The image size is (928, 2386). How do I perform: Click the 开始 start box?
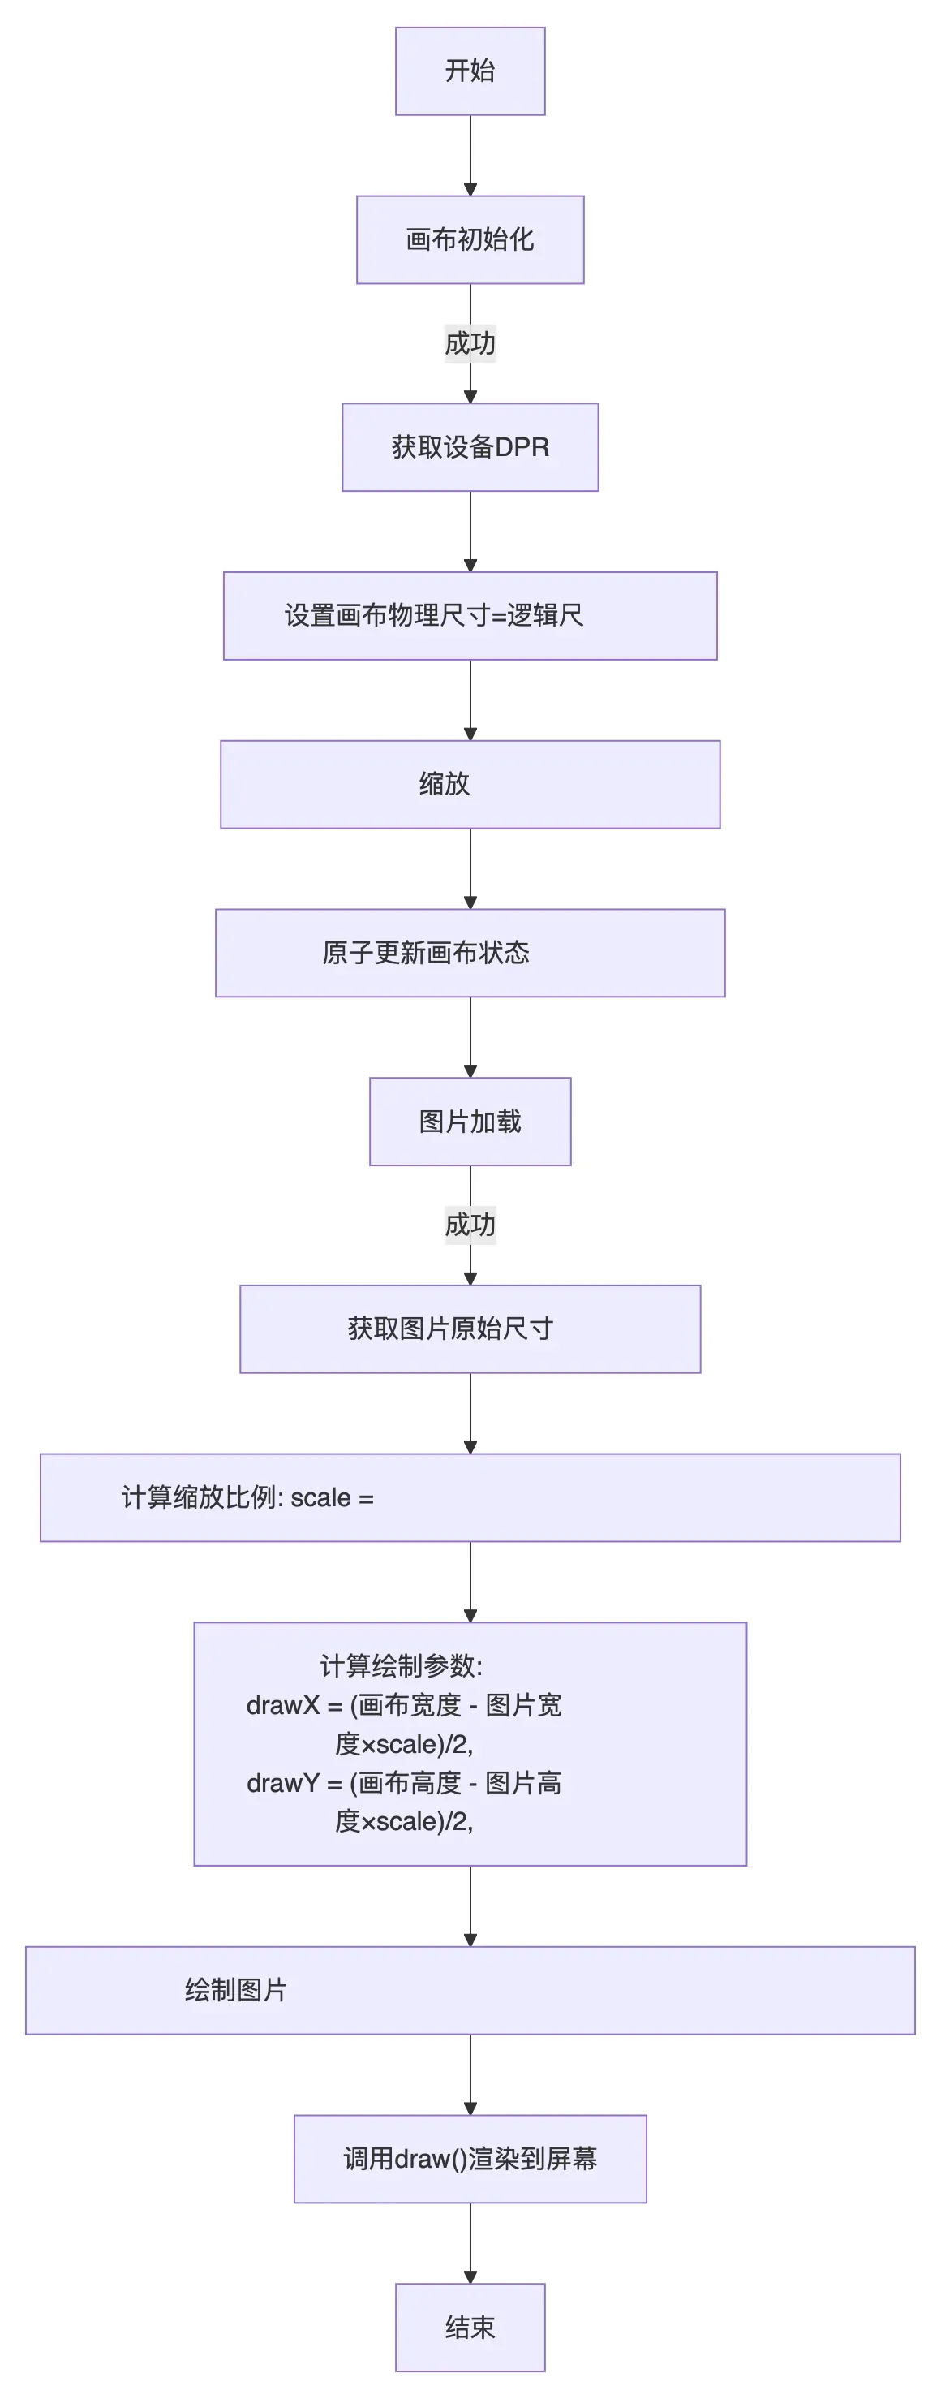click(x=470, y=71)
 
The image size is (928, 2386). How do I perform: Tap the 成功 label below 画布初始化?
click(x=470, y=343)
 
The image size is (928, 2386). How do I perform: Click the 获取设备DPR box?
click(x=470, y=447)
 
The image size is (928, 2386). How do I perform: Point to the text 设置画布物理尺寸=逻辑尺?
click(x=433, y=616)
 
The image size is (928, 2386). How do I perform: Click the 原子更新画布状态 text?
click(x=425, y=953)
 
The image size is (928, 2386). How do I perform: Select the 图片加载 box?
click(x=470, y=1122)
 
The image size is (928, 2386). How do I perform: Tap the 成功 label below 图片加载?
click(x=470, y=1225)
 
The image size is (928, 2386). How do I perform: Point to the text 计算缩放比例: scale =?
click(x=247, y=1497)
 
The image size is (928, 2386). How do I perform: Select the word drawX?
click(x=282, y=1705)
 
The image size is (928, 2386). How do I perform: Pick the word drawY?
click(x=282, y=1783)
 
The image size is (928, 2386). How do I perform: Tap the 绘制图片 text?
click(x=235, y=1991)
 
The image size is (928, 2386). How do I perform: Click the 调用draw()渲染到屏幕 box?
click(x=470, y=2159)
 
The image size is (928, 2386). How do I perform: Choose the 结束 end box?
click(x=470, y=2328)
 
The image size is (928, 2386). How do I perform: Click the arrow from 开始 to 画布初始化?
click(x=470, y=155)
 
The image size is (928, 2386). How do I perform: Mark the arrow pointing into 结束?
click(x=470, y=2242)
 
